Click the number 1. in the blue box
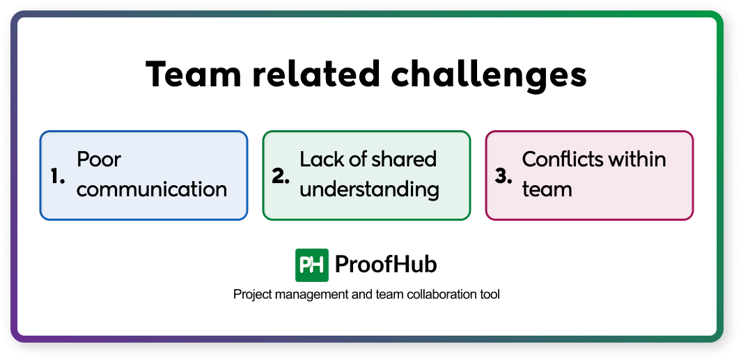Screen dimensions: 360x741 tap(58, 176)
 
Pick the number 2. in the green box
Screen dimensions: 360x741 tap(281, 176)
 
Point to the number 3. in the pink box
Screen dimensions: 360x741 tap(504, 176)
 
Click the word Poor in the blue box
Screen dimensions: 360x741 tap(99, 160)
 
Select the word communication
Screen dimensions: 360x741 tap(152, 189)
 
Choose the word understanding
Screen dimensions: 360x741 tap(369, 189)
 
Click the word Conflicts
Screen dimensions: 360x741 tap(565, 159)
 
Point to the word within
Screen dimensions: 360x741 tap(639, 159)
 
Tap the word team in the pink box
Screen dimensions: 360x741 tap(547, 189)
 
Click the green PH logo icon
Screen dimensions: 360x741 tap(312, 265)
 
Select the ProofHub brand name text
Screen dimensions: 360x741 tap(386, 265)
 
